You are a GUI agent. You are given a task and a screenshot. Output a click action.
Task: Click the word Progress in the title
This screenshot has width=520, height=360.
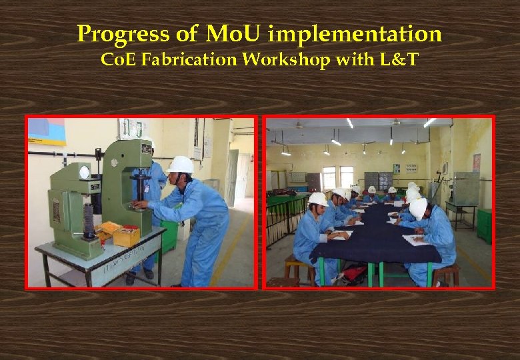click(x=119, y=33)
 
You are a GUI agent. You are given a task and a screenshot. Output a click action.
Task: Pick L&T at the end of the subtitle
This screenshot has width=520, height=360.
click(x=398, y=60)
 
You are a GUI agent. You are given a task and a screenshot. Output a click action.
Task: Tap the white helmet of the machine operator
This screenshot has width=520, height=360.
click(x=181, y=165)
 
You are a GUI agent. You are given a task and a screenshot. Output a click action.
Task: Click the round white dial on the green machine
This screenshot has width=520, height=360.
click(x=84, y=172)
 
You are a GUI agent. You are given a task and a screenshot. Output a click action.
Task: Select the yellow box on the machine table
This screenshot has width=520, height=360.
click(x=126, y=235)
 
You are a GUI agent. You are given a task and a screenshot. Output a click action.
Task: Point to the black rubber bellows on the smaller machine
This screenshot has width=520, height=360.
click(x=88, y=220)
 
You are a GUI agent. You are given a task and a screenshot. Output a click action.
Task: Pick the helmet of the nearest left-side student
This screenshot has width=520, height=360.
click(x=318, y=199)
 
